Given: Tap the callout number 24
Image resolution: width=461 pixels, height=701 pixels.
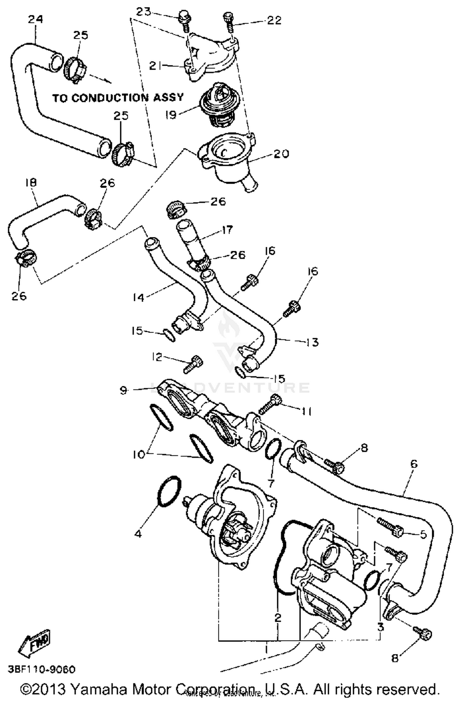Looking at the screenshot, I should [x=35, y=20].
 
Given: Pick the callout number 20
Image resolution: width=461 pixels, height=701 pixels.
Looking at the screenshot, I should [x=282, y=154].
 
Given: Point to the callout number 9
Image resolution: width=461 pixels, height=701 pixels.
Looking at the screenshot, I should [x=123, y=391].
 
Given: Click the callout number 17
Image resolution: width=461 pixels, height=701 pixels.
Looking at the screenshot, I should [x=228, y=230].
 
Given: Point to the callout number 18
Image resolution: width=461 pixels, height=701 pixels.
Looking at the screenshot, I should [x=31, y=182].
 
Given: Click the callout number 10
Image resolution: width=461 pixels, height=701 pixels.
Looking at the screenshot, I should [x=139, y=454].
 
